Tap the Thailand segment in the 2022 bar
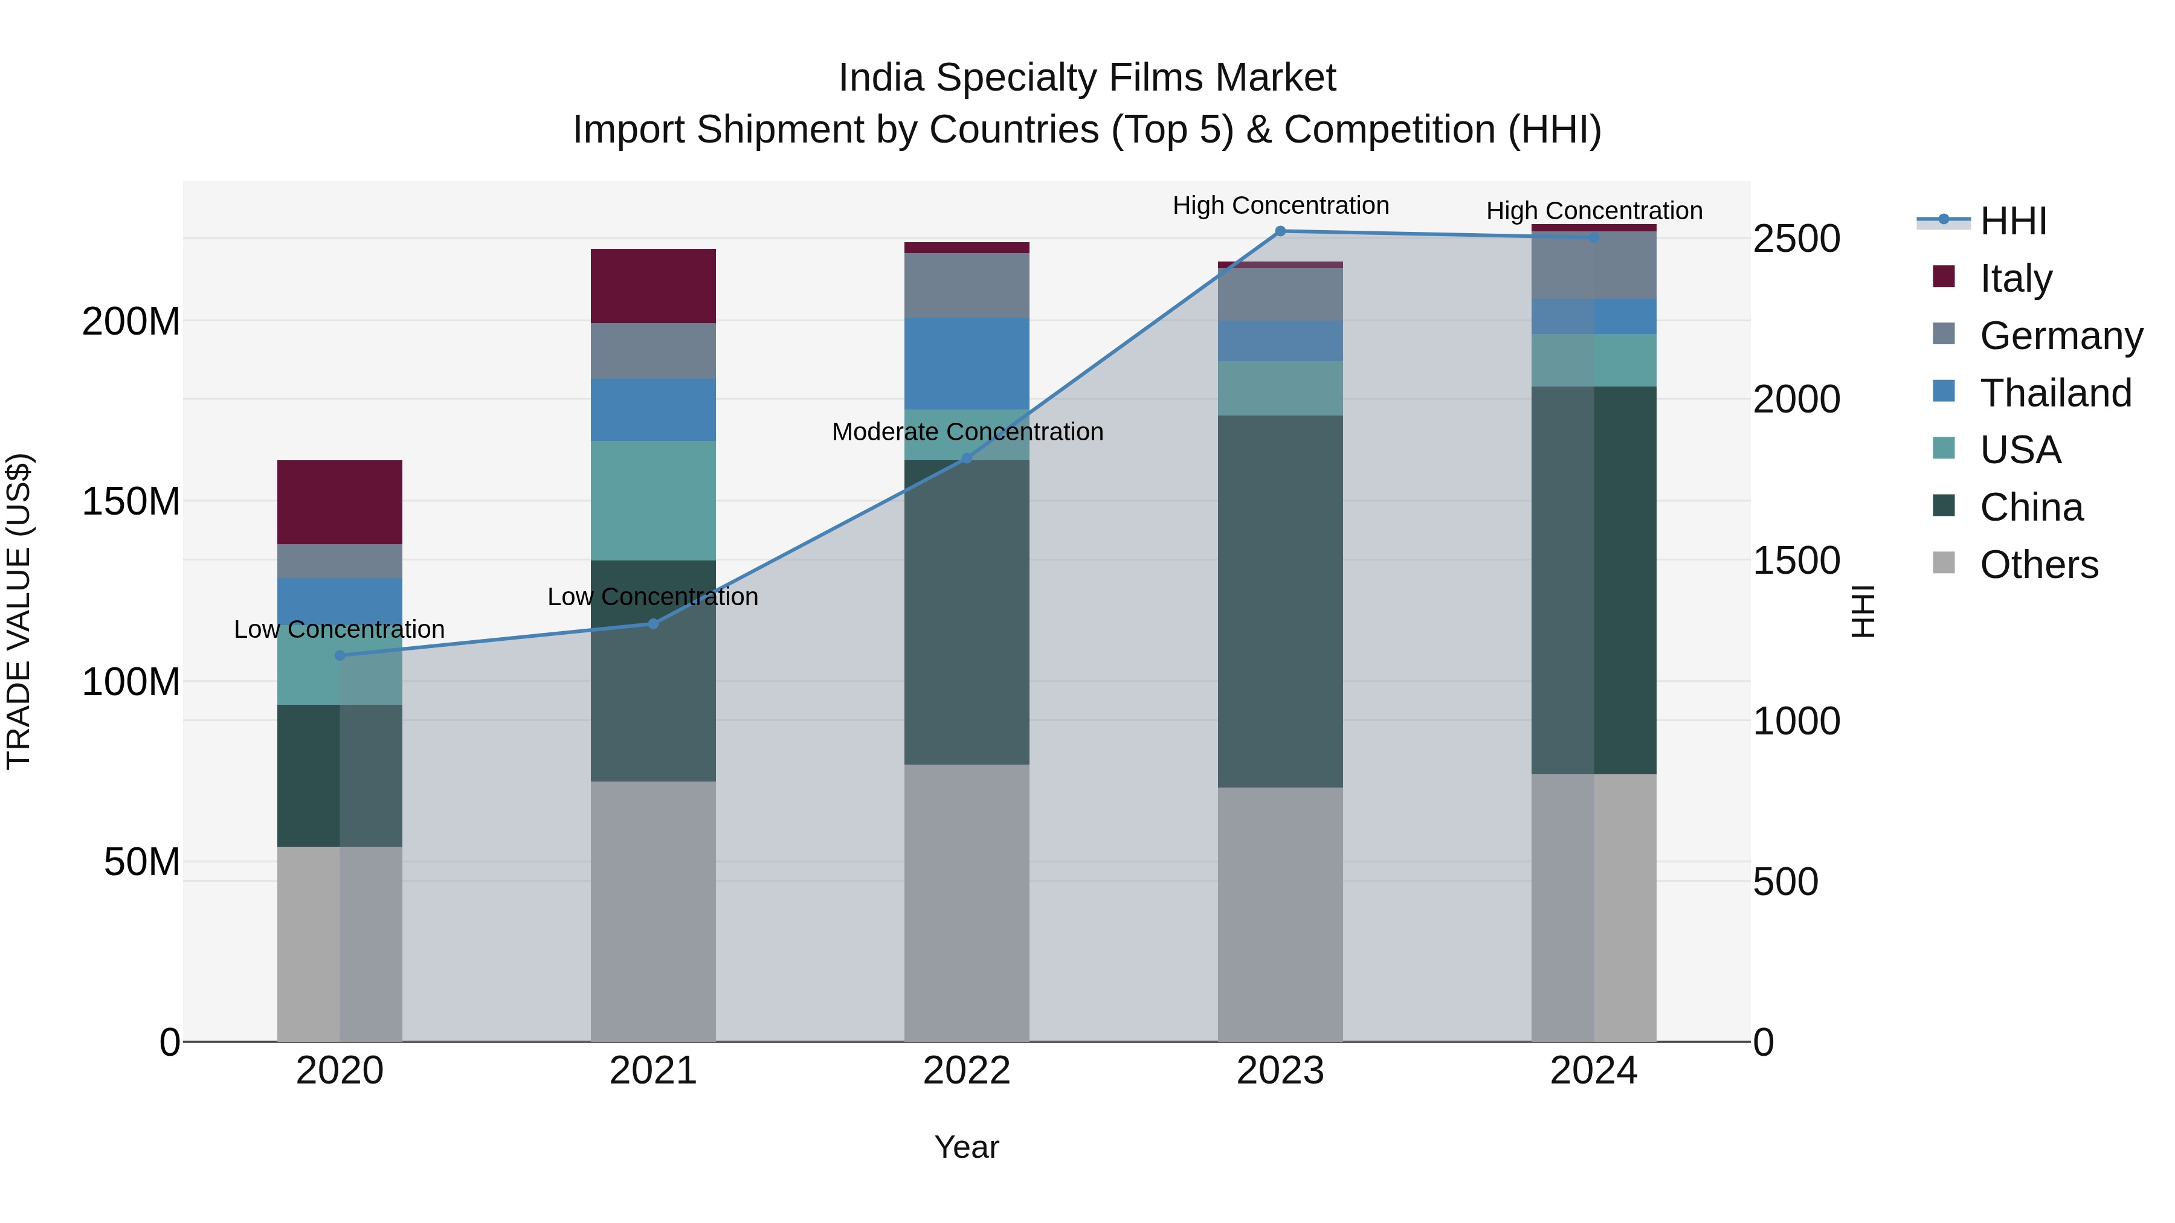click(967, 363)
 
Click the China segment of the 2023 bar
click(1280, 601)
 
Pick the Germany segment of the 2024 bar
click(1593, 265)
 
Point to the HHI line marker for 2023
click(1280, 231)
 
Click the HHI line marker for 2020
click(340, 655)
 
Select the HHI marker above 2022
click(967, 458)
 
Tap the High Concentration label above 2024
click(1593, 210)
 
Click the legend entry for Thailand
click(2055, 393)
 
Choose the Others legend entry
click(2038, 565)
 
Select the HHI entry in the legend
click(2013, 221)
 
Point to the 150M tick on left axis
click(131, 501)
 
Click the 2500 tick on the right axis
click(1796, 239)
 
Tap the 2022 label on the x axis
click(967, 1071)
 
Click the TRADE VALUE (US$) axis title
click(19, 611)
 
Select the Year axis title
click(967, 1147)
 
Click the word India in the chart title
click(881, 78)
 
